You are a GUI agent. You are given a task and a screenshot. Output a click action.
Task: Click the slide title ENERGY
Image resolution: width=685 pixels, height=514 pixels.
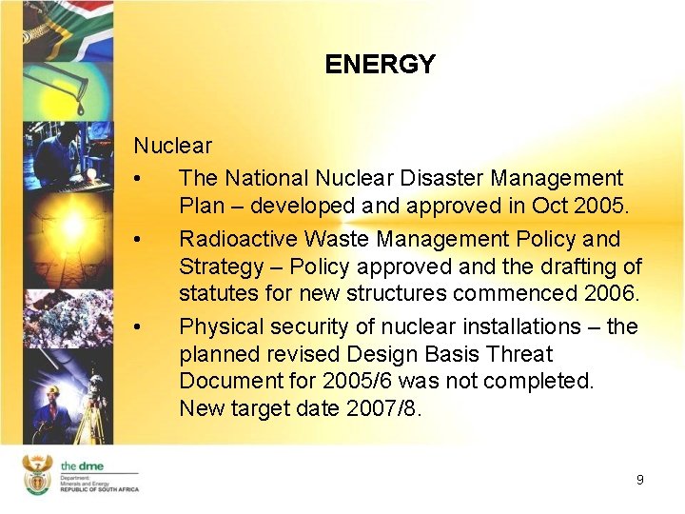click(380, 65)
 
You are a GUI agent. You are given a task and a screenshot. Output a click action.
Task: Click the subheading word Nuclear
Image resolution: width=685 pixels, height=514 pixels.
click(172, 146)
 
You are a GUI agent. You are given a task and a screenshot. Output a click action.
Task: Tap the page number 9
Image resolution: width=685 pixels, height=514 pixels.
click(639, 480)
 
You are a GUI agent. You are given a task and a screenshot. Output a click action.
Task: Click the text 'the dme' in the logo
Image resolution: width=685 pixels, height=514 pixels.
click(82, 465)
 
